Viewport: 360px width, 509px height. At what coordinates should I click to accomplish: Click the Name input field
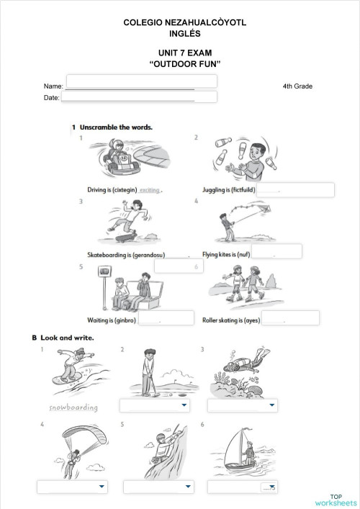[x=141, y=81]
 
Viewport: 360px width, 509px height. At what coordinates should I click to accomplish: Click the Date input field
[x=139, y=96]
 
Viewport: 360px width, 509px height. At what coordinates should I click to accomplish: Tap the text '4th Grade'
[x=298, y=86]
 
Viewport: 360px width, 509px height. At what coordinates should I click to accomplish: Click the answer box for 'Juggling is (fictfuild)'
[x=295, y=190]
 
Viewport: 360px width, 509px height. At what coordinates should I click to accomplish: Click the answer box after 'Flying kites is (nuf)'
[x=276, y=251]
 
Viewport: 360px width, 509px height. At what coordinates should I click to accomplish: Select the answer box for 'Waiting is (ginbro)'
[x=166, y=317]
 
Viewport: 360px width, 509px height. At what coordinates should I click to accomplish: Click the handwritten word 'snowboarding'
[x=73, y=407]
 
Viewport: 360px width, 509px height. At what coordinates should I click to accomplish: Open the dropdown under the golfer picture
[x=155, y=406]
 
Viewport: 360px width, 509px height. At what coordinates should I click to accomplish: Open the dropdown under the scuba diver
[x=242, y=406]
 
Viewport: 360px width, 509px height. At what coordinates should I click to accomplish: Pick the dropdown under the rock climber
[x=155, y=487]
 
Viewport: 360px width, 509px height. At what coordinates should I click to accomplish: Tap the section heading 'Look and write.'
[x=67, y=337]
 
